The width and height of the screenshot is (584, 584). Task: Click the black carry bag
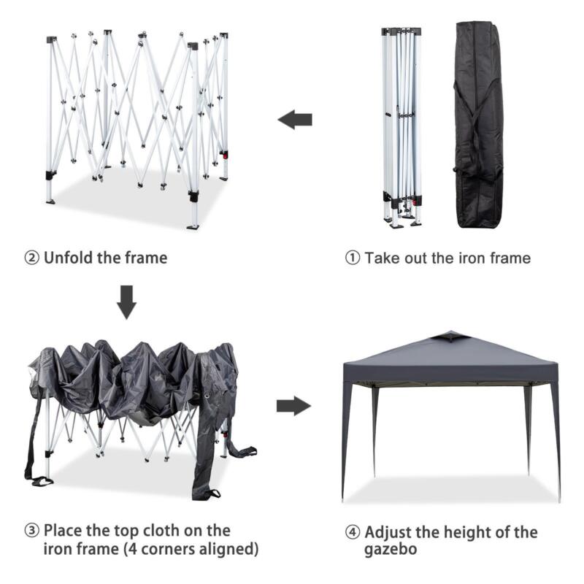[478, 125]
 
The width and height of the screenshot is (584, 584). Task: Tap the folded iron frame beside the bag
[401, 126]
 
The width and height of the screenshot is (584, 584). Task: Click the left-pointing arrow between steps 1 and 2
[295, 120]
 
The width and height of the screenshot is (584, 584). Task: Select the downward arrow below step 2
[126, 302]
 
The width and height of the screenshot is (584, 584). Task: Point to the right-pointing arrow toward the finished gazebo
[294, 406]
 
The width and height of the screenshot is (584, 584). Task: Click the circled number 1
[353, 258]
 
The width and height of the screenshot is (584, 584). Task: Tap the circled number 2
[31, 258]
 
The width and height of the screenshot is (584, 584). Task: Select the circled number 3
[31, 531]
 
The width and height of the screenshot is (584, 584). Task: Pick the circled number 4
[353, 532]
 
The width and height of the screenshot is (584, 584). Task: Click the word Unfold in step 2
[69, 258]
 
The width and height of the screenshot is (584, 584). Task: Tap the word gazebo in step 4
[391, 550]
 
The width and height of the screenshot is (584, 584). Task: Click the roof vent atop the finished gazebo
[449, 337]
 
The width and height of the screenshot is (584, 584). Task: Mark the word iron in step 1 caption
[472, 258]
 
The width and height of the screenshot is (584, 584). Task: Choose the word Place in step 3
[63, 531]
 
